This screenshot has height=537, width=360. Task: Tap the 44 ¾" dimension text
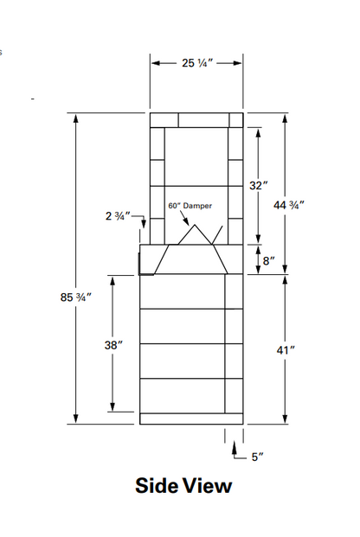[x=289, y=205]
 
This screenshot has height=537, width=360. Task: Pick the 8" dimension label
[x=267, y=259]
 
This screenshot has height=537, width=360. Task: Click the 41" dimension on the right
[x=286, y=349]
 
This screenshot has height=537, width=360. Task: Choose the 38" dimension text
[x=113, y=344]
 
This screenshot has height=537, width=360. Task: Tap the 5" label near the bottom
[x=256, y=457]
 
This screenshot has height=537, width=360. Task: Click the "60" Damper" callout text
[x=190, y=206]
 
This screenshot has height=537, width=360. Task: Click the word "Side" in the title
[x=156, y=486]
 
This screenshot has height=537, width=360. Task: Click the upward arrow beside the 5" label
[x=234, y=448]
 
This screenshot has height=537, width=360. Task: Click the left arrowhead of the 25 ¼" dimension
[x=154, y=63]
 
